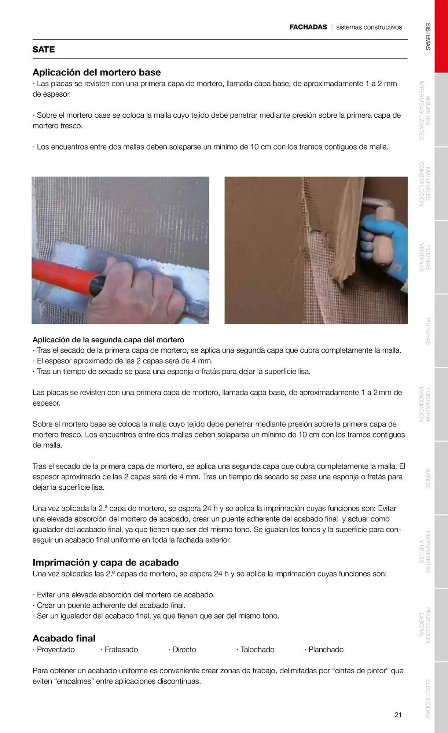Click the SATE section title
(x=44, y=49)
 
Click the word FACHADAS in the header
(x=308, y=27)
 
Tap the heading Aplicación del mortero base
(x=96, y=72)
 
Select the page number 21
(x=398, y=714)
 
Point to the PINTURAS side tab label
(x=428, y=331)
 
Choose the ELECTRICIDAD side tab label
(x=428, y=699)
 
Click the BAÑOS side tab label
(x=428, y=478)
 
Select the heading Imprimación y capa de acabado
(x=106, y=562)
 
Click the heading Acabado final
(x=64, y=638)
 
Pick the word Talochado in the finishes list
(x=257, y=649)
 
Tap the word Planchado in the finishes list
(x=326, y=649)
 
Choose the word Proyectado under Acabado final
(x=55, y=649)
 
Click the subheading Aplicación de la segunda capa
(x=108, y=340)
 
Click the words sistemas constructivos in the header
(x=369, y=27)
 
